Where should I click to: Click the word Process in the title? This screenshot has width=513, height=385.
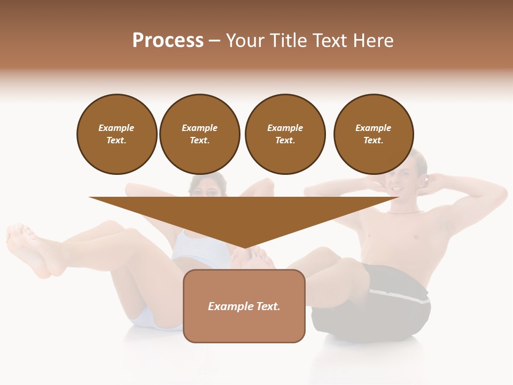tap(168, 41)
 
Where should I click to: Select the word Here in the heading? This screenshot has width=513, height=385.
tap(372, 41)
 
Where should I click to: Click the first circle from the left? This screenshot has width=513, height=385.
tap(117, 134)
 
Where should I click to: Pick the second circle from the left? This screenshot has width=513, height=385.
tap(200, 134)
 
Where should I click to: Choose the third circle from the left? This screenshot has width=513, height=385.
tap(285, 134)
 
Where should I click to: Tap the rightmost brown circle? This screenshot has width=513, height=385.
tap(374, 134)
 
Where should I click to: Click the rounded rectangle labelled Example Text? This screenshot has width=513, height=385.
tap(244, 306)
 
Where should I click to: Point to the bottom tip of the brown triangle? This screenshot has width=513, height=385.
tap(244, 247)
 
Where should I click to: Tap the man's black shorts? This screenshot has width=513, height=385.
tap(374, 310)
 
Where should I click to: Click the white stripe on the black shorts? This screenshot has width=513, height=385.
tap(401, 297)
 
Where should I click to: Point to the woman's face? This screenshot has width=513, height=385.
tap(207, 187)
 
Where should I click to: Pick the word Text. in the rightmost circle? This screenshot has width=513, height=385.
tap(374, 141)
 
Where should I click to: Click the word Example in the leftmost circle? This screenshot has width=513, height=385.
tap(116, 128)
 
